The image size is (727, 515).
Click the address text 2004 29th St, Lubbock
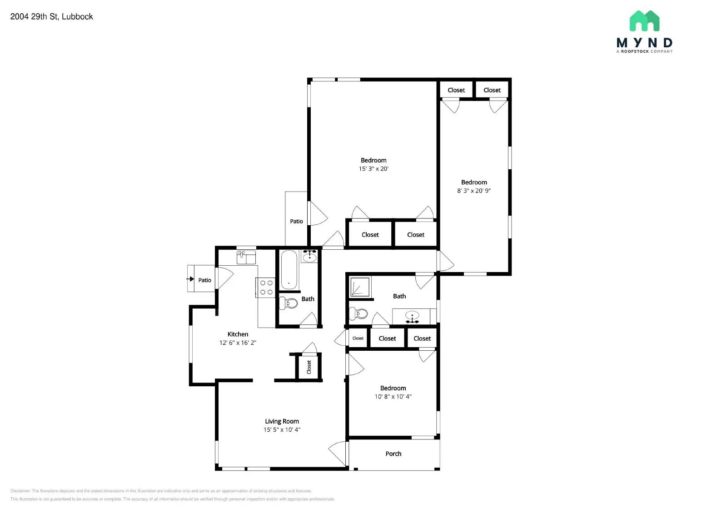tap(51, 17)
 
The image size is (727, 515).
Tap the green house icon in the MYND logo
tap(644, 21)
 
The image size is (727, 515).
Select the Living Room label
tap(282, 421)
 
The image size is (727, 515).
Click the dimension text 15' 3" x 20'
tap(373, 169)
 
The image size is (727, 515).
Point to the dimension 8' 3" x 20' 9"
tap(474, 191)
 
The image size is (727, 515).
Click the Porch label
tap(393, 454)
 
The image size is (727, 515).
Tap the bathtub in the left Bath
tap(289, 270)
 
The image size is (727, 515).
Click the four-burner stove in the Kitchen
tap(266, 288)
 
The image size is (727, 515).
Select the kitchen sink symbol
tap(246, 257)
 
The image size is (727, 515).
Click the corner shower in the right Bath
tap(360, 287)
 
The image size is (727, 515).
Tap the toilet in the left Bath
tap(289, 303)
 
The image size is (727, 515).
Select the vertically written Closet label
tap(309, 367)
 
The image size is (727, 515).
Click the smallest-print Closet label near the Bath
tap(358, 338)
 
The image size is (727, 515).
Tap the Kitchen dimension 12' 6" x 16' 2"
tap(238, 343)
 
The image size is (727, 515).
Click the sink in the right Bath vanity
tap(412, 315)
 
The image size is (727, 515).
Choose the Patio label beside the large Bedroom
tap(296, 222)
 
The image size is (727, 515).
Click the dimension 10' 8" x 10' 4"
tap(393, 397)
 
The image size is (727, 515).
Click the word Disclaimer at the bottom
tap(20, 491)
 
